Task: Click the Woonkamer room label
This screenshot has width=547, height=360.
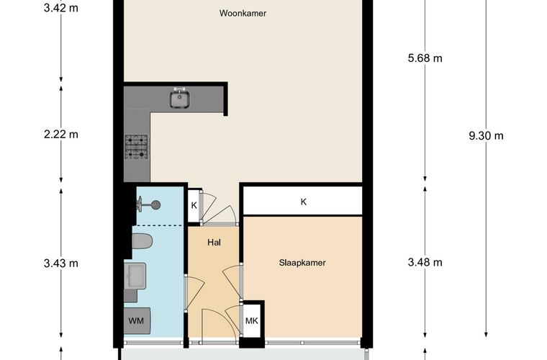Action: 243,13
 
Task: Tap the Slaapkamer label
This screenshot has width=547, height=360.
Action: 302,263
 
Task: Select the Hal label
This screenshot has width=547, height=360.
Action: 214,243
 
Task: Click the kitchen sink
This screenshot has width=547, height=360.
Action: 180,99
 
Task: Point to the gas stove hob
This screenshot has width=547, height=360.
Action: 137,147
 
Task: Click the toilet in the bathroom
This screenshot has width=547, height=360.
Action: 143,241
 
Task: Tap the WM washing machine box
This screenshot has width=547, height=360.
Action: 137,320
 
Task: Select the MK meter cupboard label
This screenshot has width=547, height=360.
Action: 251,320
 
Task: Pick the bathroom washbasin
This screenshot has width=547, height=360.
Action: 135,276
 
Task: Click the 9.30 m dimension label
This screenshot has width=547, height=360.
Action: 486,135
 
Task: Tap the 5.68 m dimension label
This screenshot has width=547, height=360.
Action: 425,58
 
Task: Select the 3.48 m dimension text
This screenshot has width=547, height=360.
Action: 425,262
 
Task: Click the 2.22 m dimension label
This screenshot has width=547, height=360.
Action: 61,135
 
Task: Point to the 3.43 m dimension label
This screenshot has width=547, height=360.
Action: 61,264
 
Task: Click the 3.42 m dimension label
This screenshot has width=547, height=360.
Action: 61,8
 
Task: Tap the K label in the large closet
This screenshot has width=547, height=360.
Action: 304,202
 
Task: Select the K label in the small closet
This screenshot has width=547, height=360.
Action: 194,205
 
